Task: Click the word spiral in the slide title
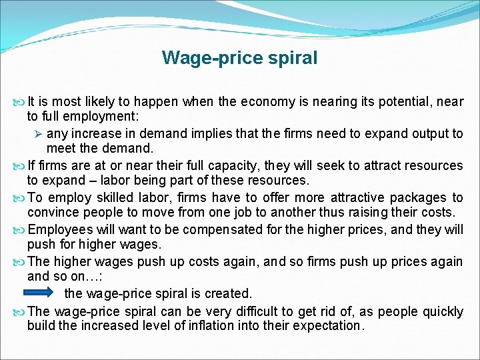coord(291,58)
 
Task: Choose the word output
coord(430,133)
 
